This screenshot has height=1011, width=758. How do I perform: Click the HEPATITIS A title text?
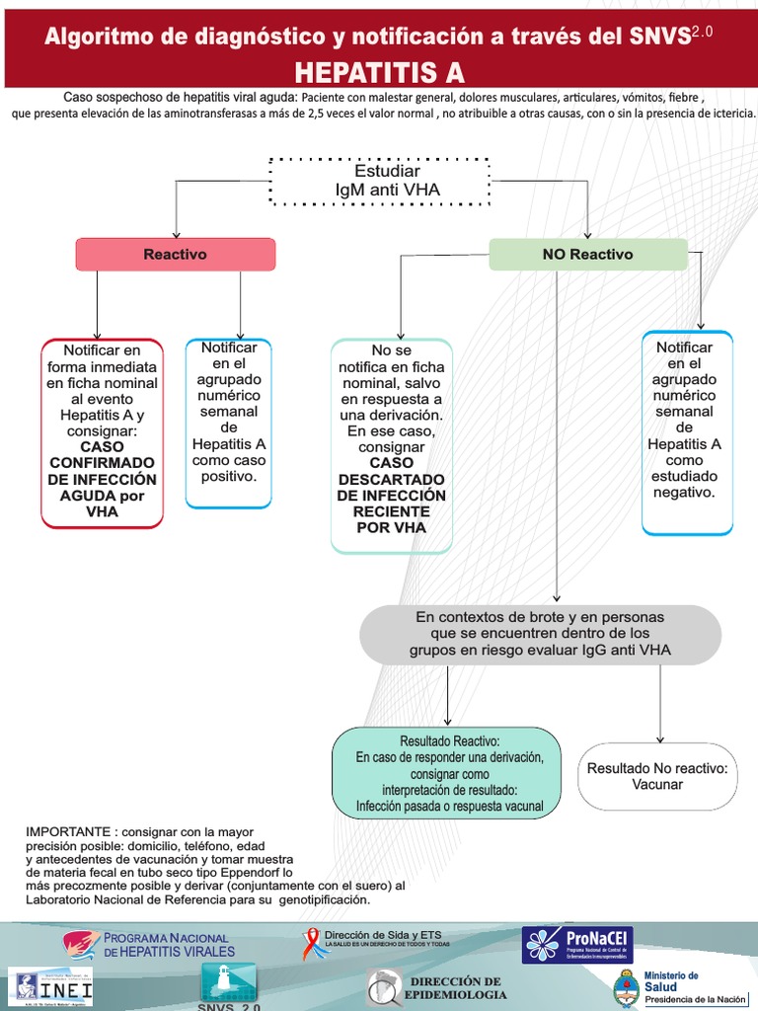(x=379, y=72)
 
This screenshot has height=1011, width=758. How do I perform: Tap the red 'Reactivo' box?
(x=176, y=254)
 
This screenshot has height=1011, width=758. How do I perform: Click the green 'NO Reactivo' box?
(x=587, y=254)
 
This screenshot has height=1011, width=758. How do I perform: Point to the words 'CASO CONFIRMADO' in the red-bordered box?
(x=102, y=454)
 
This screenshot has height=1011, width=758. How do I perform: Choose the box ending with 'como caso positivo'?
(x=228, y=422)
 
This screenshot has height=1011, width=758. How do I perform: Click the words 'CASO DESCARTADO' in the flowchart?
(x=392, y=471)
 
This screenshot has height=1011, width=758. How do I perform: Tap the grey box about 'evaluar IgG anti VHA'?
(x=540, y=634)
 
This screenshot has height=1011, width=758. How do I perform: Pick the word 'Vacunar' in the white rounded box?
(x=657, y=785)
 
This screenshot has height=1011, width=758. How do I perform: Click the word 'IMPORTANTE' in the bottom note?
(x=67, y=832)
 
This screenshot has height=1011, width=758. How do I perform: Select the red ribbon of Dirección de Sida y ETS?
(x=311, y=944)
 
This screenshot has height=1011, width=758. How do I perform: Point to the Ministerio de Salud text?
(x=671, y=980)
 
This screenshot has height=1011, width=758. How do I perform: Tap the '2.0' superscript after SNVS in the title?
(x=702, y=33)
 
